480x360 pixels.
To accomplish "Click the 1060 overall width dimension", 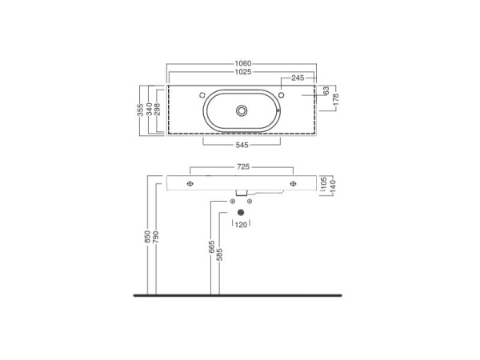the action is pyautogui.click(x=243, y=64).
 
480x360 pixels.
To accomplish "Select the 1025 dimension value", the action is pyautogui.click(x=243, y=72).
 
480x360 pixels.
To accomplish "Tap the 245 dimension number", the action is pyautogui.click(x=298, y=78).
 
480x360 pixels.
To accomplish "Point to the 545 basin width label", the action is pyautogui.click(x=242, y=145).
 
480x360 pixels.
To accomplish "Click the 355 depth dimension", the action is pyautogui.click(x=140, y=110).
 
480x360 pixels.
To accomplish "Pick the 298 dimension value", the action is pyautogui.click(x=158, y=110).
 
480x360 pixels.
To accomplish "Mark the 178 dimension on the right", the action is pyautogui.click(x=336, y=100).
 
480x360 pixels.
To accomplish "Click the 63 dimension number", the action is pyautogui.click(x=326, y=90).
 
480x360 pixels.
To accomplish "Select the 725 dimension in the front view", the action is pyautogui.click(x=243, y=167).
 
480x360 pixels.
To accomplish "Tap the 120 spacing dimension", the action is pyautogui.click(x=241, y=225).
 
